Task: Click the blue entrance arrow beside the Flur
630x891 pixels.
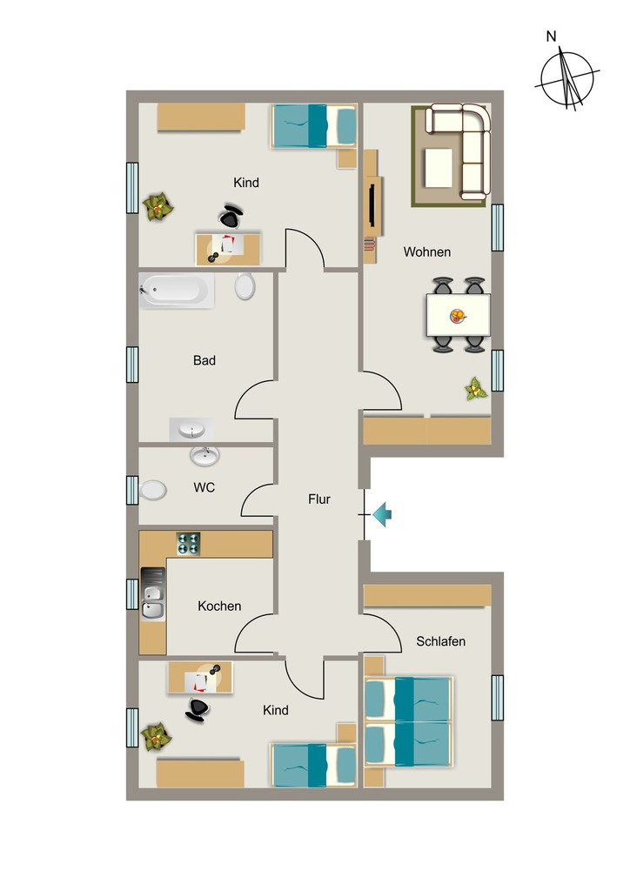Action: [x=382, y=514]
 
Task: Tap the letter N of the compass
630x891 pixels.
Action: [x=551, y=37]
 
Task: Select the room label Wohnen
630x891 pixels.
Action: [x=427, y=251]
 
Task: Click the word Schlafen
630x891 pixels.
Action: [x=441, y=641]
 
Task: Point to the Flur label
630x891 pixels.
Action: [x=319, y=499]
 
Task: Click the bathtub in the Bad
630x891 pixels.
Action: [x=177, y=290]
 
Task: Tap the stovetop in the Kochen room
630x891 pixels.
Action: [x=189, y=543]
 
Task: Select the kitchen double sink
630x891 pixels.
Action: [x=153, y=593]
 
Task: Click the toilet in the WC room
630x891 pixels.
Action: [x=152, y=491]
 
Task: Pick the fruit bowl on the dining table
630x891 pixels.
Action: [x=458, y=316]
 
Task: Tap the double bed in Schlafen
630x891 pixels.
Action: [x=408, y=721]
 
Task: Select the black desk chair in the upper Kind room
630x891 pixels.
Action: [x=230, y=216]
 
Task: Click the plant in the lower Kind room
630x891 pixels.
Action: [x=156, y=737]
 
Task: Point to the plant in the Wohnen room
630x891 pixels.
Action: [x=475, y=389]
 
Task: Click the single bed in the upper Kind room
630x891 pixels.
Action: [x=313, y=125]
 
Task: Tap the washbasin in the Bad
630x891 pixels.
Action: [x=191, y=430]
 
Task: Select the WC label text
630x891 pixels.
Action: [x=204, y=487]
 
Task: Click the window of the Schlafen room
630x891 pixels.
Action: [x=497, y=697]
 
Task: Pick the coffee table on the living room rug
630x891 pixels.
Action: [x=438, y=168]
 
